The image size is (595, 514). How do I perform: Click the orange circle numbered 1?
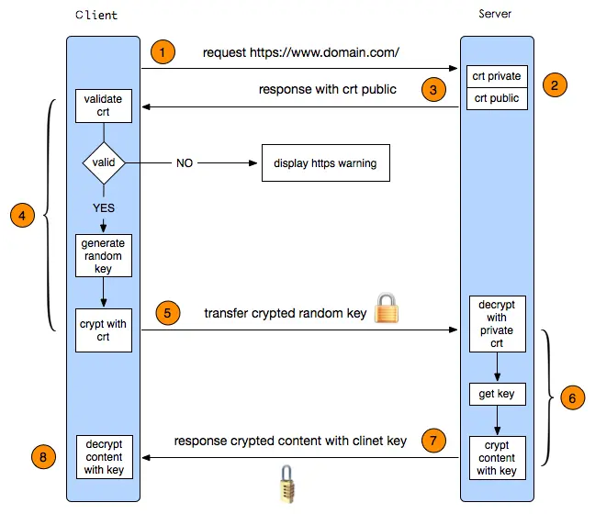(162, 52)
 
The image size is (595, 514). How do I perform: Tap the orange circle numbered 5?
(166, 312)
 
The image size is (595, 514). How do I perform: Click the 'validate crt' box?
(104, 106)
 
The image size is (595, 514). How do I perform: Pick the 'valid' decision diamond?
(104, 163)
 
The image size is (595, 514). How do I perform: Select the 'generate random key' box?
(104, 255)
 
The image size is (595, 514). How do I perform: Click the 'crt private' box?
(497, 76)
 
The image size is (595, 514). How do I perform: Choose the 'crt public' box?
(497, 98)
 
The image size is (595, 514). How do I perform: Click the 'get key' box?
(497, 395)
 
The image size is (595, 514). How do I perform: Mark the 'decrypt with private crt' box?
(497, 323)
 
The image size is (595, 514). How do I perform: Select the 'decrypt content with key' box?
(104, 455)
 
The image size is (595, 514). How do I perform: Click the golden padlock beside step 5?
(387, 308)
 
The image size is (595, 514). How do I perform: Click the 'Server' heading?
(496, 15)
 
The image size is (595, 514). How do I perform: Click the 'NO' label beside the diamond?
(185, 163)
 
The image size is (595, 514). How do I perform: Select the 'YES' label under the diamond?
(104, 207)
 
